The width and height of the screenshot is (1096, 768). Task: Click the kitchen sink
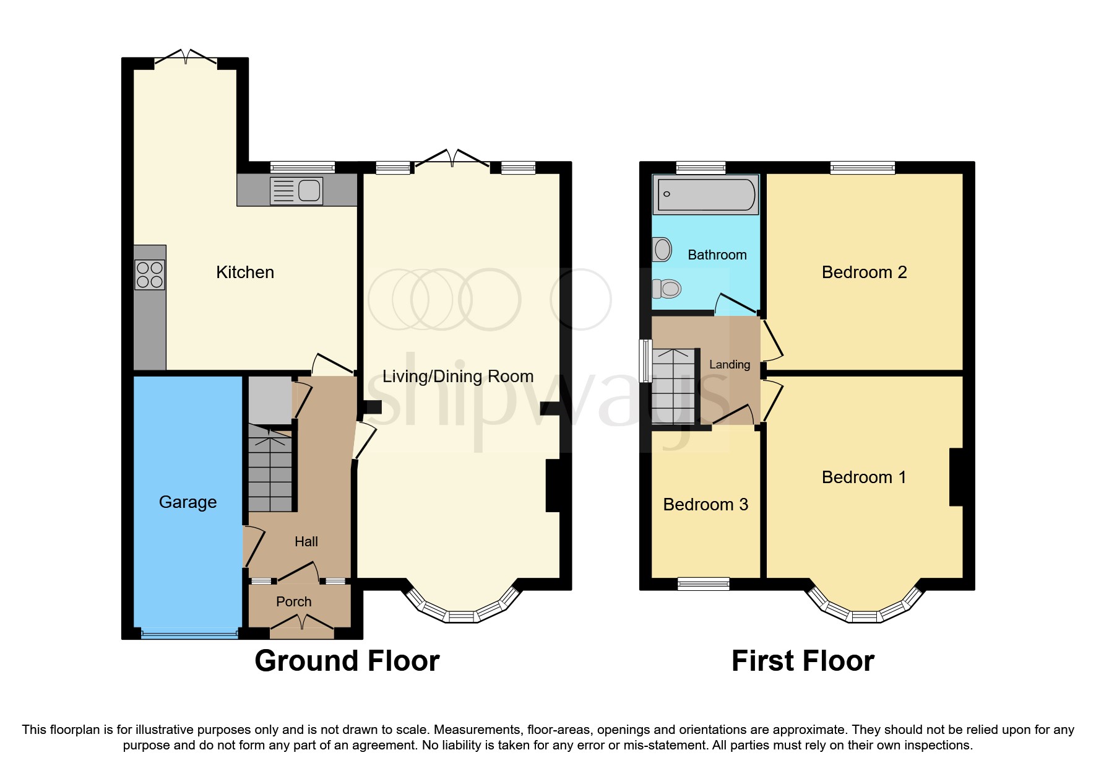coord(297,190)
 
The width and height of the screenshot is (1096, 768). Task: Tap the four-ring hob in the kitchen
coord(150,275)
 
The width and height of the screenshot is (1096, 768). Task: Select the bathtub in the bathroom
coord(705,194)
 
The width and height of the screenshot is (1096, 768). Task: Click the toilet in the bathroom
coord(667,288)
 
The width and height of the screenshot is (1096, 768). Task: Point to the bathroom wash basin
coord(662,250)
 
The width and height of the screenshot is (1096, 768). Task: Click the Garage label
coord(188,502)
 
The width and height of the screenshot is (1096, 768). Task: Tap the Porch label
coord(293,601)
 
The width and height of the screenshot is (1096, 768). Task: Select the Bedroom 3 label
coord(705,504)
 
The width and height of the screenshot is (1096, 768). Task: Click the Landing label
coord(729,365)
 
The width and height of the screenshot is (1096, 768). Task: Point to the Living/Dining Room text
coord(457,376)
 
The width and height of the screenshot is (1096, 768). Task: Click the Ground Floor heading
coord(347,661)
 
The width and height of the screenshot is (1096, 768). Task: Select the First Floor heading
coord(803,661)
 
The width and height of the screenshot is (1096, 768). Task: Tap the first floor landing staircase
coord(673,386)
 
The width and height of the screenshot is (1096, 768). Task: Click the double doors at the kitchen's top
coord(186,57)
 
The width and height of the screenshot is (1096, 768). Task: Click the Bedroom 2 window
coord(863,167)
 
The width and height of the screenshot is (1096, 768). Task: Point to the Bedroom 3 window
coord(704,583)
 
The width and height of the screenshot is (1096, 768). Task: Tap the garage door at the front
coord(189,634)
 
